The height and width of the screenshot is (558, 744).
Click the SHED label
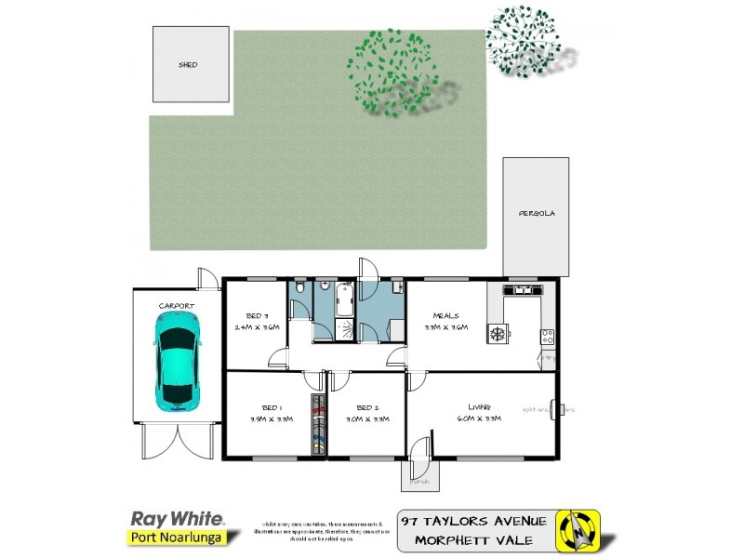coord(189,65)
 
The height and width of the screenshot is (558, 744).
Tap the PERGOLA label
coord(537,213)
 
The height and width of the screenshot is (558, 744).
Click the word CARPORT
coord(176,305)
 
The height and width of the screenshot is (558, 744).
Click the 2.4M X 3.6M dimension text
coord(258,327)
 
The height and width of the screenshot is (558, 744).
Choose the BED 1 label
coord(272,407)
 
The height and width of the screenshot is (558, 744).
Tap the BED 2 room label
coord(367,407)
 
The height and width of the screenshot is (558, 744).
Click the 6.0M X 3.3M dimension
coord(480,418)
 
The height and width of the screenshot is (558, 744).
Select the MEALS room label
coord(445,315)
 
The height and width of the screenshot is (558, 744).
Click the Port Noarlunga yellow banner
coord(174,538)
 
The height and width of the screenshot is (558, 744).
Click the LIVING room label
coord(480,406)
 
